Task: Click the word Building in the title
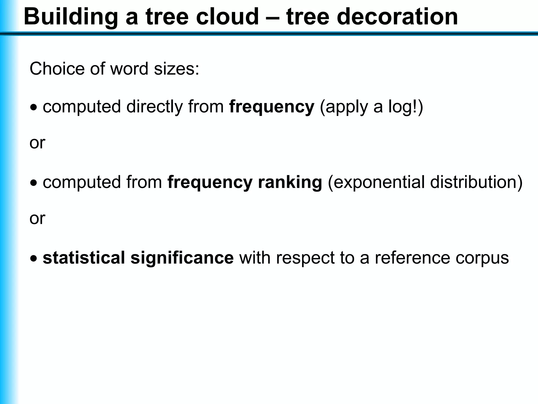point(71,17)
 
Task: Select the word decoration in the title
point(397,17)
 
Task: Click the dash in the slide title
point(272,17)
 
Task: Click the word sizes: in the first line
point(177,69)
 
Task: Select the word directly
point(154,107)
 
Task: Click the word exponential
point(376,182)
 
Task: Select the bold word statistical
point(84,258)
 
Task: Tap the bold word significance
point(182,258)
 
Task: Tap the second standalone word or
point(37,218)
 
